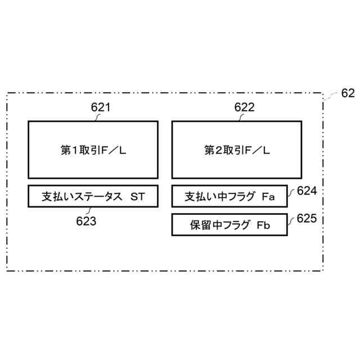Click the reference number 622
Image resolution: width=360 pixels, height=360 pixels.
[244, 107]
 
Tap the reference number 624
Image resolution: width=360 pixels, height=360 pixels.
[307, 191]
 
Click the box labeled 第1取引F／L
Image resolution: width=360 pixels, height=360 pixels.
[93, 150]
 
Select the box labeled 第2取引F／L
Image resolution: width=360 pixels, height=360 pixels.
[236, 150]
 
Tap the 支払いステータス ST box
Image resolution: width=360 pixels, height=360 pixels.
[93, 196]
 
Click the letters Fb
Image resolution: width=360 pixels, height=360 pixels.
[264, 226]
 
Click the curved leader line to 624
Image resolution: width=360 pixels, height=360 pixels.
[292, 193]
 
